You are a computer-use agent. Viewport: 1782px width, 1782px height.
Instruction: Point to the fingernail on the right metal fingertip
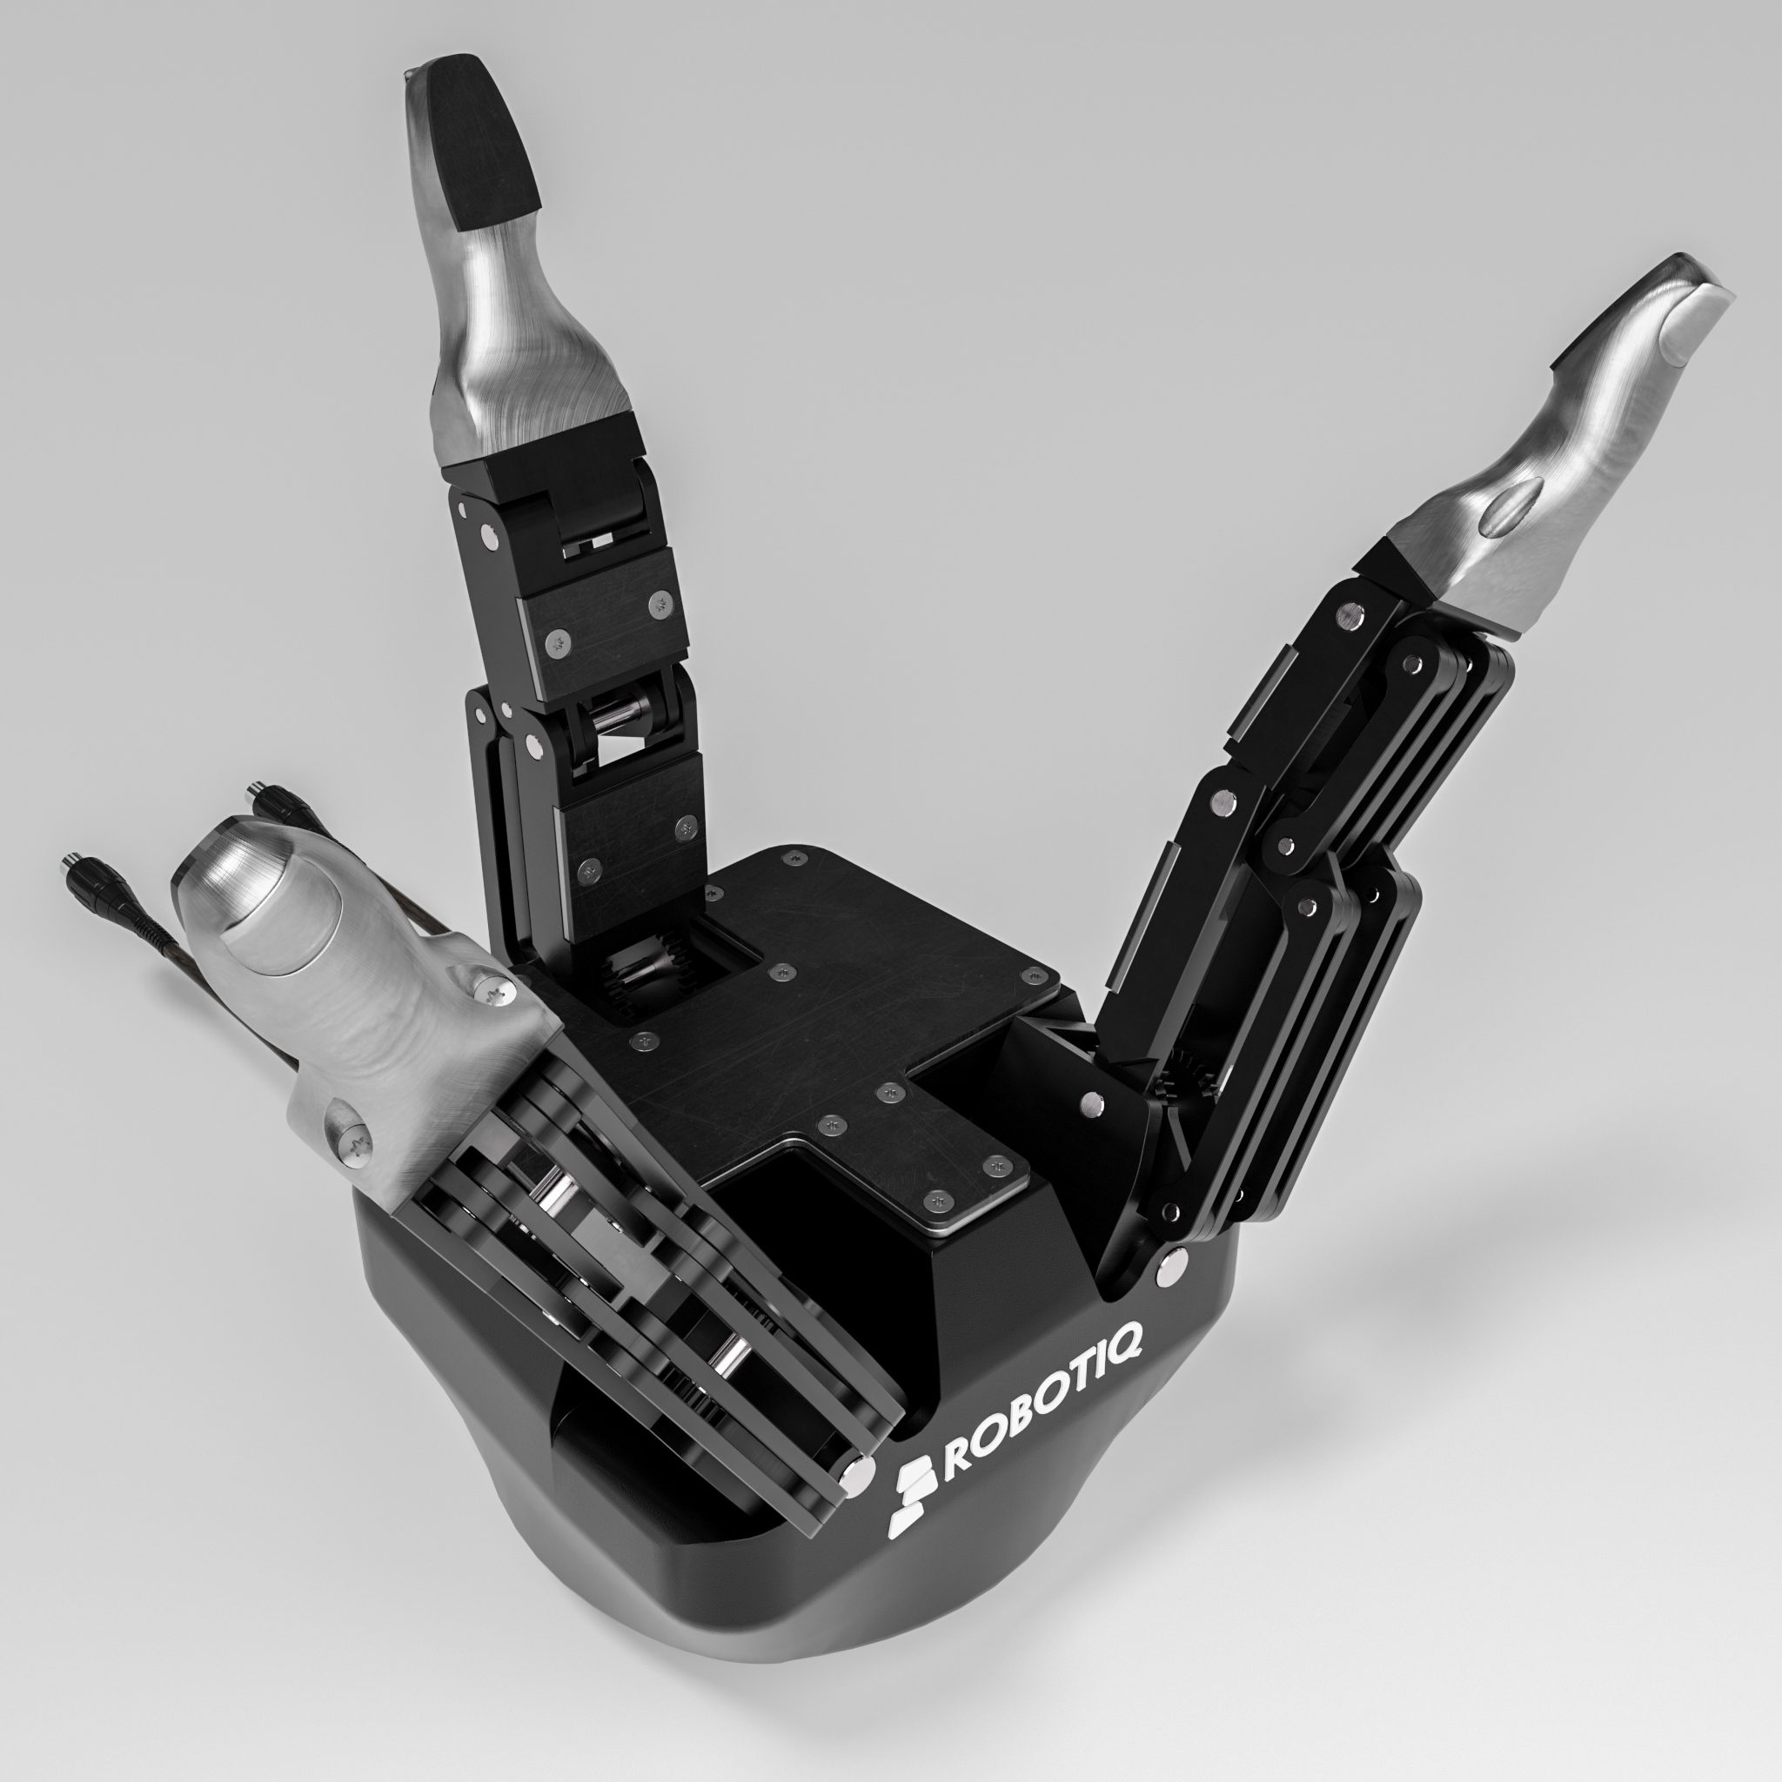(x=1695, y=322)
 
